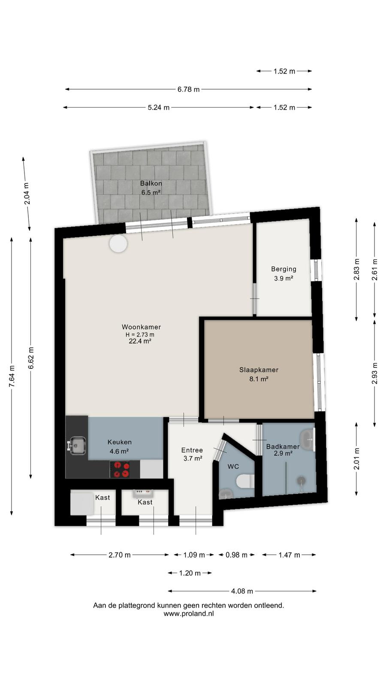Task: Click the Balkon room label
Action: click(151, 184)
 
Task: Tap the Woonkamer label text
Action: click(141, 327)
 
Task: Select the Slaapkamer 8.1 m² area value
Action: click(259, 379)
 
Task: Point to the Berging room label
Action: click(283, 269)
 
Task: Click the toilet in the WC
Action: click(245, 481)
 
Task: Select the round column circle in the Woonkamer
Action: click(118, 244)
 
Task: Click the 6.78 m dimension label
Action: click(188, 90)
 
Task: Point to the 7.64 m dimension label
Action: click(12, 376)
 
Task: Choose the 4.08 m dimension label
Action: click(242, 591)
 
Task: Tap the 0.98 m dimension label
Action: click(236, 555)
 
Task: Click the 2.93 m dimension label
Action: click(374, 373)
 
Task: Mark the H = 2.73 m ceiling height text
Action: click(140, 335)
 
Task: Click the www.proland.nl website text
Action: click(189, 614)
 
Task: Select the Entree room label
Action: click(192, 450)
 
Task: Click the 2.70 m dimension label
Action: click(120, 555)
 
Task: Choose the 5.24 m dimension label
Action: click(158, 108)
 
